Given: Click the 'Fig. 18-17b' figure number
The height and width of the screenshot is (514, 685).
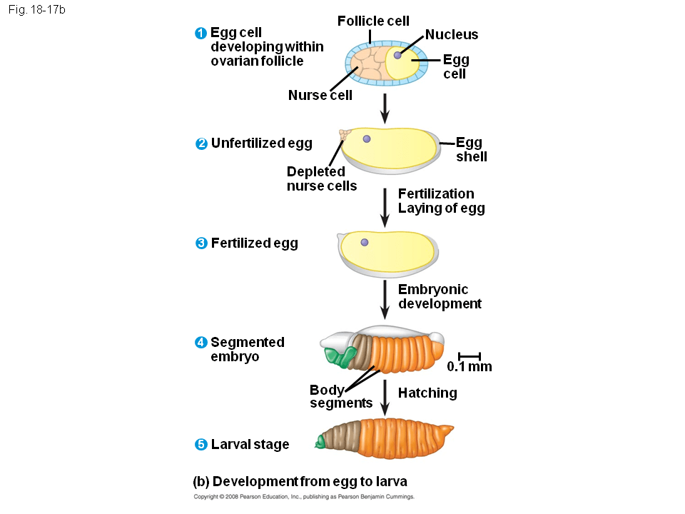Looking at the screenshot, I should pos(36,11).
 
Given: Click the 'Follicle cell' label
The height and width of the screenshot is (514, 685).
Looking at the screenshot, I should pos(373,21).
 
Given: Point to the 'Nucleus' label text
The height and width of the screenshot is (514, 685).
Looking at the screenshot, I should pos(451,34).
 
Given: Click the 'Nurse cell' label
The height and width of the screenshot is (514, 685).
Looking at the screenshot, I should pos(320,95).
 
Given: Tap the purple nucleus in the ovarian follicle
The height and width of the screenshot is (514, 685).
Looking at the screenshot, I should pos(397,55).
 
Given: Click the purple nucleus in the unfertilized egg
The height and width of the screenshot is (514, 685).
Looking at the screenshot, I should pos(366,138).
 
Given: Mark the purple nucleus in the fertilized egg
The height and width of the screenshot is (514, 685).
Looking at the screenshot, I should pos(364,243).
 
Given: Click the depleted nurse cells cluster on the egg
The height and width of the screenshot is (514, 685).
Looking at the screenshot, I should pos(345,133).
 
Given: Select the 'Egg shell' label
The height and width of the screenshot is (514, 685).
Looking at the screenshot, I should pos(471,150).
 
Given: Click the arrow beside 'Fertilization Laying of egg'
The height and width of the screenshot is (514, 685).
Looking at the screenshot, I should pos(385,207).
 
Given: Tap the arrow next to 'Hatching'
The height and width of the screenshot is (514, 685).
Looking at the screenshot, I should pos(385,396).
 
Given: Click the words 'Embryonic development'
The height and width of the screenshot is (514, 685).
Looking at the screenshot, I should pos(439,296).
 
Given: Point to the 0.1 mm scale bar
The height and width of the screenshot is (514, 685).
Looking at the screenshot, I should pos(470,355).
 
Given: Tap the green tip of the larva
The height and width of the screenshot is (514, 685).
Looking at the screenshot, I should pos(320,443).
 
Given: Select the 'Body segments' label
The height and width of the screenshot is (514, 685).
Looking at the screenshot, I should pos(340,396).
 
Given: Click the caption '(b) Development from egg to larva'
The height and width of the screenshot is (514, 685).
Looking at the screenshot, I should pos(300,480).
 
